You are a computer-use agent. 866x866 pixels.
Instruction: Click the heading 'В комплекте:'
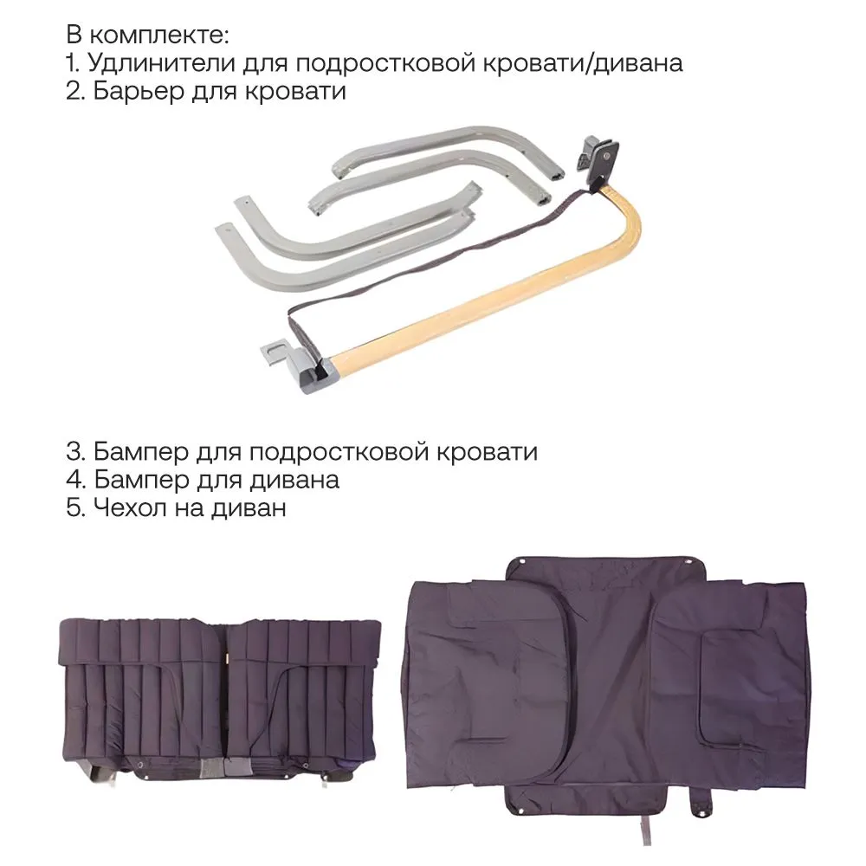147,36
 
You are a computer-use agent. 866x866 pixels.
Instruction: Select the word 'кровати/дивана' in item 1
583,63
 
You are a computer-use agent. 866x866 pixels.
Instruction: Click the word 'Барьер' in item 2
138,91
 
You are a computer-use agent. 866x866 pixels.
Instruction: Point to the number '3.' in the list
75,452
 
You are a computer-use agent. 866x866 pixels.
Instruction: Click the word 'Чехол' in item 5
130,507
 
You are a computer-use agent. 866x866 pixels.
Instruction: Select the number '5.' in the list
75,507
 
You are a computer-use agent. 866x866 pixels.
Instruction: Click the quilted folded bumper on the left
219,699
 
